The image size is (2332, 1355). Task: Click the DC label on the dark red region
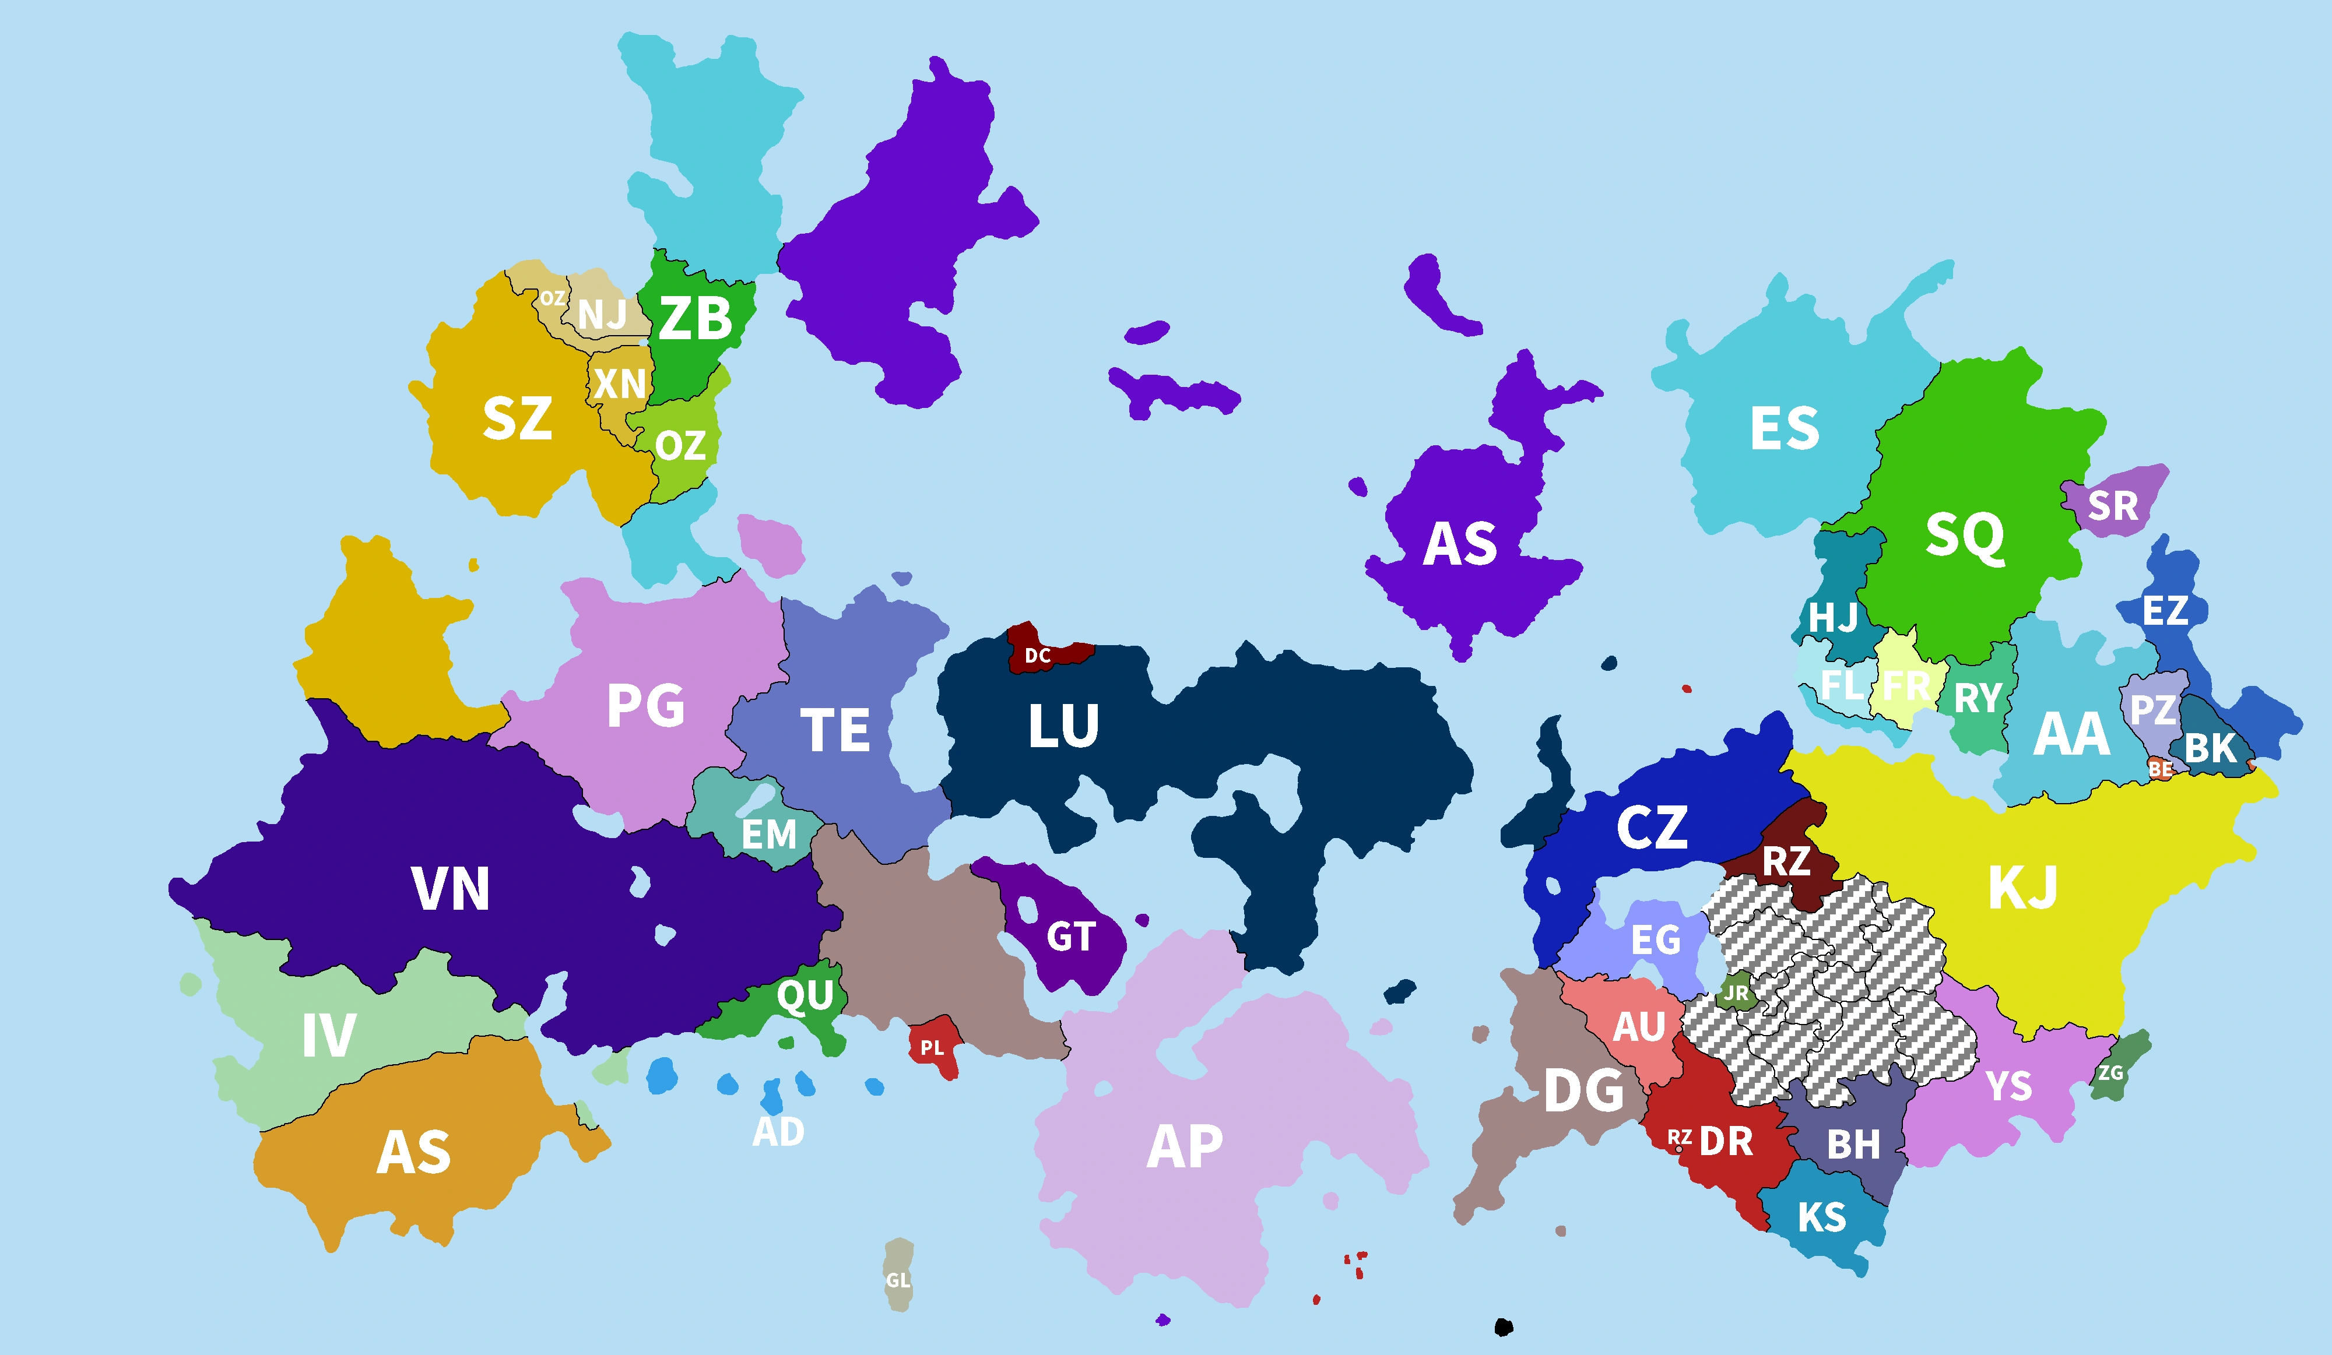tap(1037, 656)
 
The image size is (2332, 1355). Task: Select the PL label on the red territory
tap(932, 1048)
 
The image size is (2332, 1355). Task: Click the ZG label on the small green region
tap(2111, 1073)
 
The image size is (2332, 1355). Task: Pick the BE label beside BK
tap(2161, 769)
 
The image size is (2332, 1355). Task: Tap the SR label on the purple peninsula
tap(2113, 506)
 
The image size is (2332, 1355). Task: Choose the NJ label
tap(602, 315)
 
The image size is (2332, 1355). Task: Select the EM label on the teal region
tap(768, 835)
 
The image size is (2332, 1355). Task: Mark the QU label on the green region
tap(805, 996)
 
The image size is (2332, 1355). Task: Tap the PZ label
tap(2152, 710)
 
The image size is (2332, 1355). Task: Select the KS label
tap(1821, 1217)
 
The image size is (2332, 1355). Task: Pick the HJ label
tap(1832, 617)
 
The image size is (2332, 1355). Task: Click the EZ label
tap(2165, 610)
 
